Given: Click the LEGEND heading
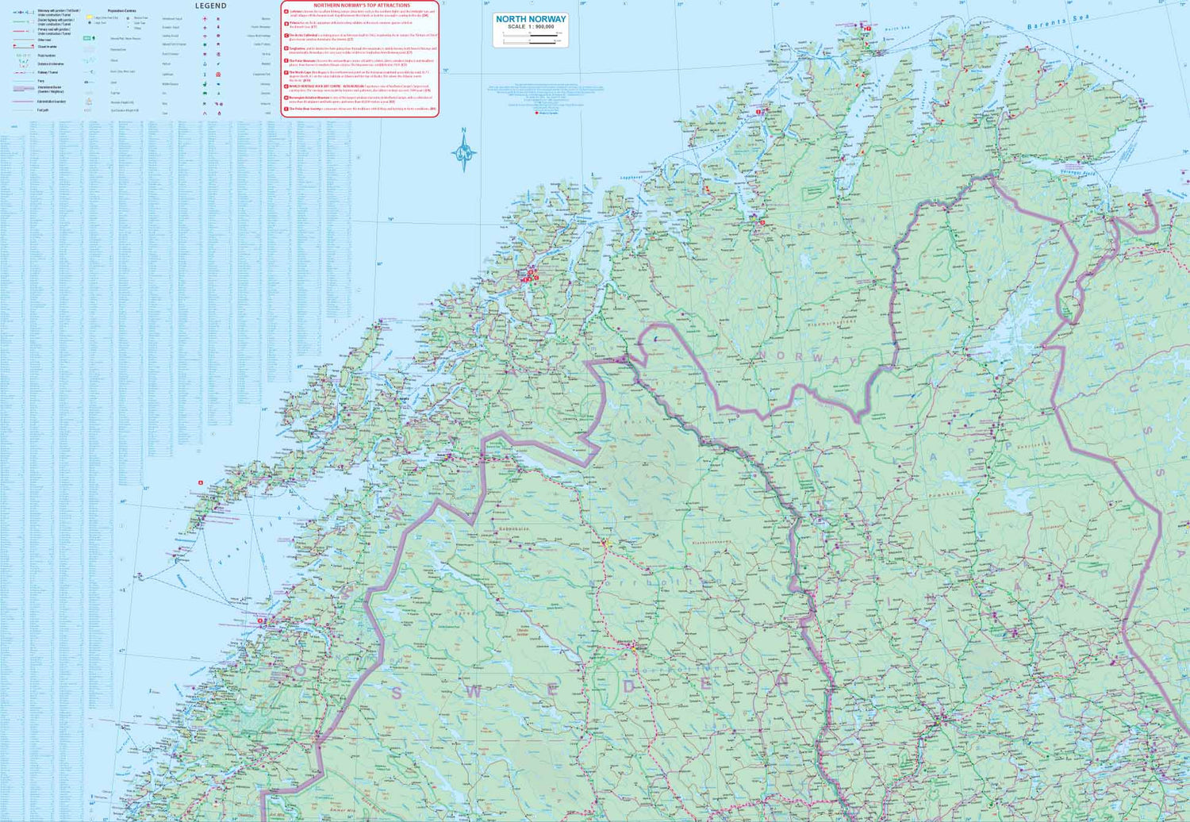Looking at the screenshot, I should click(x=210, y=6).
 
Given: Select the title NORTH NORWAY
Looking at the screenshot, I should click(x=531, y=19).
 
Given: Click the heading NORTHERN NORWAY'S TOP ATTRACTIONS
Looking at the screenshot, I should click(x=362, y=6).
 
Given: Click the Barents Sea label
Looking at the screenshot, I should click(x=1058, y=21).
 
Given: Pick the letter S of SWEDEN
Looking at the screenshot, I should click(x=396, y=693).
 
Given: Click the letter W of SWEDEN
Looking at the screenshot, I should click(x=474, y=690).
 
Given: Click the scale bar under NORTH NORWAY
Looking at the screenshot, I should click(x=530, y=36).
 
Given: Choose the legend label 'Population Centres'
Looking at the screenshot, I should click(x=123, y=11).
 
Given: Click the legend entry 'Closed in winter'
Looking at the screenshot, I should click(x=47, y=47).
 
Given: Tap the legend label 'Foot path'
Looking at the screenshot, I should click(x=43, y=109).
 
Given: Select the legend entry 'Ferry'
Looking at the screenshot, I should click(x=40, y=81).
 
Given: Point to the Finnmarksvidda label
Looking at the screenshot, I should click(x=831, y=323).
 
